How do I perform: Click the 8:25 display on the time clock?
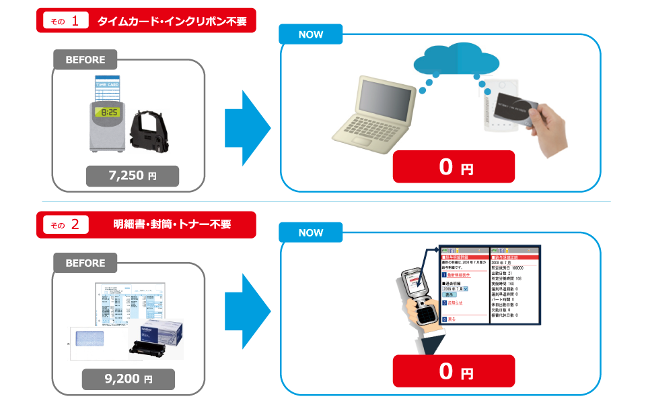(108, 112)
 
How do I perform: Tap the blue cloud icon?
(457, 61)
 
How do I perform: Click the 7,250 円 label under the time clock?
(133, 176)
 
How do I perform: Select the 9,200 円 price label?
(129, 379)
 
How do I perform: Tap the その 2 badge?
(66, 224)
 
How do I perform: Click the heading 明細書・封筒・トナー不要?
(172, 224)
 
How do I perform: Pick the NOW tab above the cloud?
(311, 34)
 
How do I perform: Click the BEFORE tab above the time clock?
(85, 60)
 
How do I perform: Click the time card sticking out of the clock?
(108, 86)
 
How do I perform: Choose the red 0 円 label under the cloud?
(454, 166)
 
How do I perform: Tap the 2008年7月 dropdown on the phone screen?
(458, 288)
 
